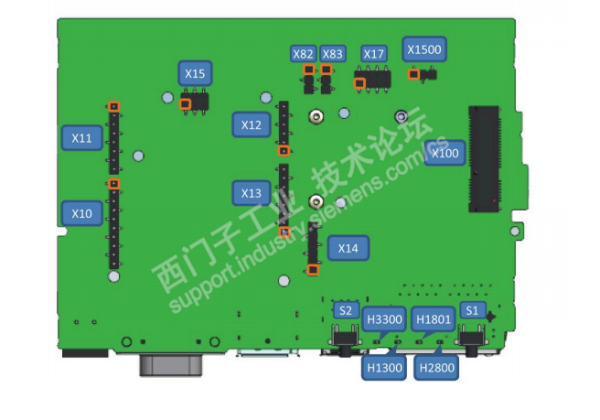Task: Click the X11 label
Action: [x=82, y=138]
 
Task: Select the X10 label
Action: [x=82, y=214]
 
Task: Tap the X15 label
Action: [x=195, y=73]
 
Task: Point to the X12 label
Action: [x=252, y=124]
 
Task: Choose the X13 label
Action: [x=252, y=194]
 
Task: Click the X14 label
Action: [x=348, y=248]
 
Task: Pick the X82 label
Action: [x=304, y=54]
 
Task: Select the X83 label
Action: [x=333, y=54]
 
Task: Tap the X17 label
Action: [x=374, y=54]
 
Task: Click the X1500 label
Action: [x=423, y=49]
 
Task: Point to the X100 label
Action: [x=445, y=153]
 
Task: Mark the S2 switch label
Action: [x=345, y=310]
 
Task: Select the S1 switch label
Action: [x=472, y=310]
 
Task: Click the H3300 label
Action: [x=384, y=319]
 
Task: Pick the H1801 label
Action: [x=433, y=319]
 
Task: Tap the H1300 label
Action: [x=384, y=368]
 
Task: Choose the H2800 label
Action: [x=435, y=368]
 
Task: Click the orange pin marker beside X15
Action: [x=186, y=104]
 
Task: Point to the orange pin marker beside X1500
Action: [x=414, y=74]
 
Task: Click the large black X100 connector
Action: [x=485, y=157]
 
